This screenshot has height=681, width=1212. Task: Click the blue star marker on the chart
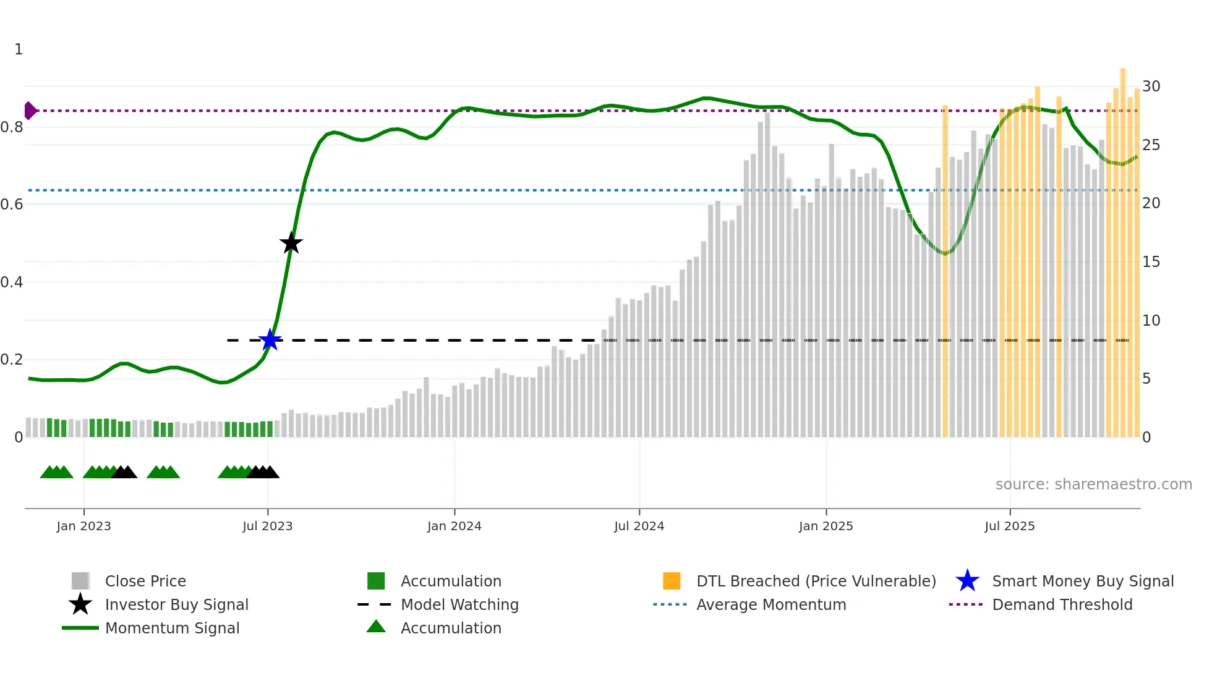click(x=270, y=340)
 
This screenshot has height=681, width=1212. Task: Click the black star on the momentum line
click(x=291, y=243)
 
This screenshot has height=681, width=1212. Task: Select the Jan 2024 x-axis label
click(x=454, y=526)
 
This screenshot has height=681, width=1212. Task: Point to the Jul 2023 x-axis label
click(x=267, y=526)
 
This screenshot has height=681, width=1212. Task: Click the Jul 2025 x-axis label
click(x=1009, y=526)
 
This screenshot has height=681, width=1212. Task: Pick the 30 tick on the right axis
click(x=1151, y=86)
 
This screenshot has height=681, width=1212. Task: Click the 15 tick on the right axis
click(x=1151, y=261)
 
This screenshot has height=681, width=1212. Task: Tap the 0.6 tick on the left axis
click(x=12, y=204)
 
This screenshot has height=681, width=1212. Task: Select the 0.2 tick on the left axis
click(x=12, y=359)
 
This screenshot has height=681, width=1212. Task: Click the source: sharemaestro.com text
click(x=1093, y=484)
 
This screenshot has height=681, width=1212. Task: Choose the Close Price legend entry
click(x=145, y=581)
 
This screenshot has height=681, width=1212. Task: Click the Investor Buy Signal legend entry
click(x=176, y=604)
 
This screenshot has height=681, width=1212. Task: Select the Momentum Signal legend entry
click(x=172, y=628)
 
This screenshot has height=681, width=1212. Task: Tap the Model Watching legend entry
click(x=459, y=604)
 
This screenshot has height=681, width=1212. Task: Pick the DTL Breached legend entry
click(x=816, y=581)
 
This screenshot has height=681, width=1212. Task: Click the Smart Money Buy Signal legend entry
click(x=1082, y=581)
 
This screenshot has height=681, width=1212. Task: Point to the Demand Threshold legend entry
click(x=1062, y=604)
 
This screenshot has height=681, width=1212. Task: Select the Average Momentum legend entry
click(x=771, y=604)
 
